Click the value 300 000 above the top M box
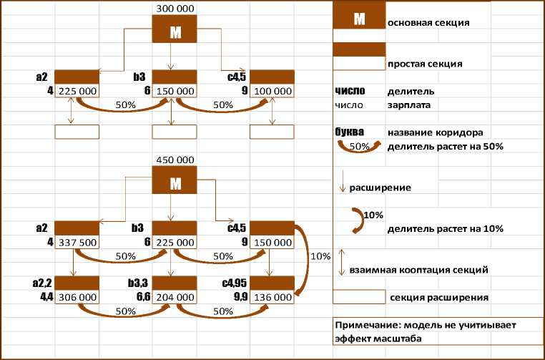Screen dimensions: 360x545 175,8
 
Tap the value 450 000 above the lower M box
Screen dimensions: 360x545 175,160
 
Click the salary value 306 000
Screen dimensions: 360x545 77,296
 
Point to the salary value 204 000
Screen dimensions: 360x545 175,296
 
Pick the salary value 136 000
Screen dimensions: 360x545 272,296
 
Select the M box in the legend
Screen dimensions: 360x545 359,20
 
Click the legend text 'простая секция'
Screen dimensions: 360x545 424,64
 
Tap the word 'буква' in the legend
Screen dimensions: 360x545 350,132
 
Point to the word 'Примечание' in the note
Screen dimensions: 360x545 368,325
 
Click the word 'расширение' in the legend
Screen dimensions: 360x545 379,188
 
